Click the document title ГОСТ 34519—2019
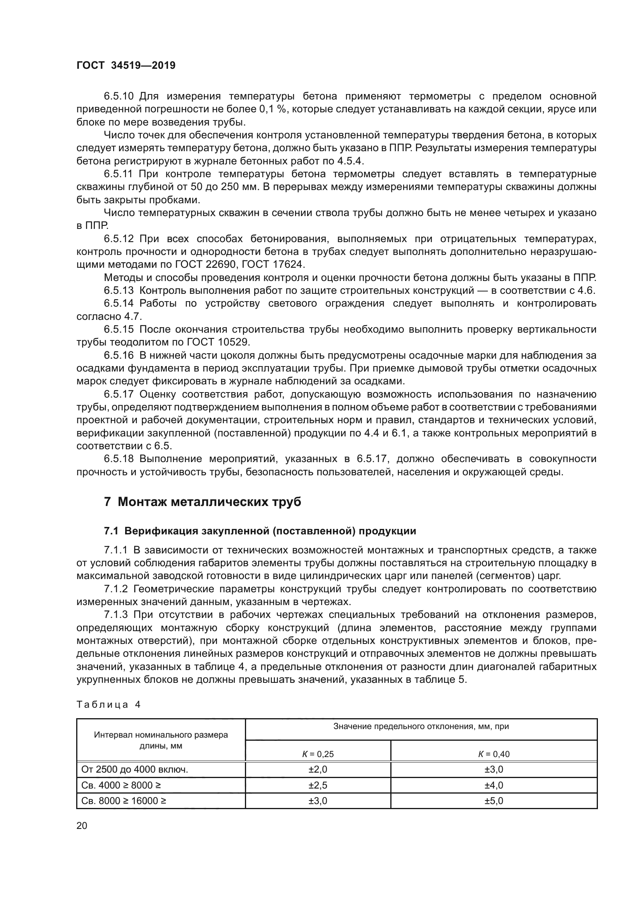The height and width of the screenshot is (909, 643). point(126,66)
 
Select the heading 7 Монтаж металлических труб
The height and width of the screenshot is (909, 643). point(202,502)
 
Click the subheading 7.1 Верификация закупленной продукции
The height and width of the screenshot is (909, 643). point(260,531)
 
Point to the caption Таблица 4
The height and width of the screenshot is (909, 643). point(108,704)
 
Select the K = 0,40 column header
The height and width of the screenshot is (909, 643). point(493,754)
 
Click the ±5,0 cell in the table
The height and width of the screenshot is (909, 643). point(493,801)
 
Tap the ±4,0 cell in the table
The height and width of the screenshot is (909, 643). point(493,785)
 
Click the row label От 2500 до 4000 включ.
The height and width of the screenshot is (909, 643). point(135,769)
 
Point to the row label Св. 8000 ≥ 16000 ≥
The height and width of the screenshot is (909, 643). point(124,801)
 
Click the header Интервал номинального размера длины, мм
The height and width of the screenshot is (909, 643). point(161,740)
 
